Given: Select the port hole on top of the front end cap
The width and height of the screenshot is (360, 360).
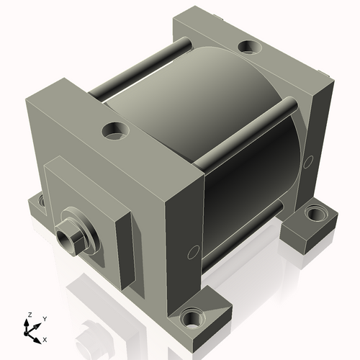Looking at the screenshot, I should coord(114,131).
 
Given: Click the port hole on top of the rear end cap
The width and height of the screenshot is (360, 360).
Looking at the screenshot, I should coord(249,48).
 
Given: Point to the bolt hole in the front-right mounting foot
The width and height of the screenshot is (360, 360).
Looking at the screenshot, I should coord(192,318).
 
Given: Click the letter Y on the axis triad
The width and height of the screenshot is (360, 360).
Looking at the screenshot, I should coord(44,318).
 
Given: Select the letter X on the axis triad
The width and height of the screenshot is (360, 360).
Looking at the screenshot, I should coord(45,338).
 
